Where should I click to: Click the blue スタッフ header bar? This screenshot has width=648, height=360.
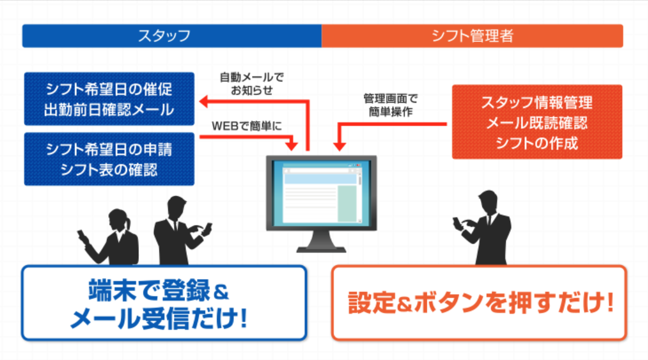coord(171,35)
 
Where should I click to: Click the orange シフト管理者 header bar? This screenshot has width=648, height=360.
coord(472,35)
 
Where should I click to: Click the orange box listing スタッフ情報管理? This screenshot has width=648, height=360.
coord(537,122)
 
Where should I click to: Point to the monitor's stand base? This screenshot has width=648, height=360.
coord(321,248)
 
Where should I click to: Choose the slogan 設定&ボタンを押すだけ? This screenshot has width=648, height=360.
coord(479,303)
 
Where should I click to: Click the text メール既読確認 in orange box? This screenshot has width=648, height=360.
coord(537,122)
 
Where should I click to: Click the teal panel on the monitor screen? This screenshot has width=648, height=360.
coord(347,203)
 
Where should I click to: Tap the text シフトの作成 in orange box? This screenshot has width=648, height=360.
coord(537,142)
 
